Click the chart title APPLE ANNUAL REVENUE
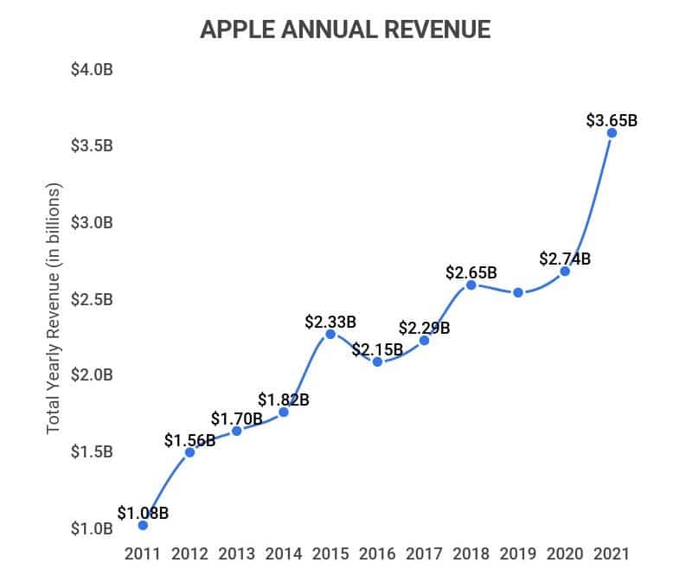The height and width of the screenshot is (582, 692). point(345,29)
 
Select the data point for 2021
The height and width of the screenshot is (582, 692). point(612,132)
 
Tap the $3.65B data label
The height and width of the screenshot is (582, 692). point(612,120)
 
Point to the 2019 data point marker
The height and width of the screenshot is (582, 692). point(518,292)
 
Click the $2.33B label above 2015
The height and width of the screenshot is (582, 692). point(330,322)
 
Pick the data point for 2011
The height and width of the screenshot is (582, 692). point(143,525)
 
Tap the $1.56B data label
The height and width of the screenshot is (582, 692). point(190,440)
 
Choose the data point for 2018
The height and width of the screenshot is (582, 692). point(471,285)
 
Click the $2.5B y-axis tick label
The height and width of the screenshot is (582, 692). point(92,299)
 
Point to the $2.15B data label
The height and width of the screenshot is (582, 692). point(377,349)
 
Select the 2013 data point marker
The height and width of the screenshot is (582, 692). point(236,431)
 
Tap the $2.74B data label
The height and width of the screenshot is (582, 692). point(565,259)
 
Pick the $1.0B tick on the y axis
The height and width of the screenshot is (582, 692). point(92,528)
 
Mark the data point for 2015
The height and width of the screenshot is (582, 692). point(330,334)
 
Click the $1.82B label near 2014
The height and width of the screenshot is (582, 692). point(284,400)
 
